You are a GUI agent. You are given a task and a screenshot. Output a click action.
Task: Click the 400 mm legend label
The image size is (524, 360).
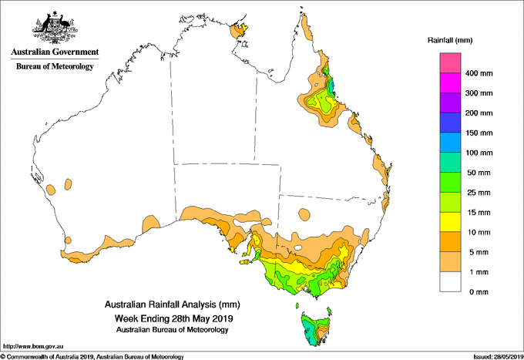479,73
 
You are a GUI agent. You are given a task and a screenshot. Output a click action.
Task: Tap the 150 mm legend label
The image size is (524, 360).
479,133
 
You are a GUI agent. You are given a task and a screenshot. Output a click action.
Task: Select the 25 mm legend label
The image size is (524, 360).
479,193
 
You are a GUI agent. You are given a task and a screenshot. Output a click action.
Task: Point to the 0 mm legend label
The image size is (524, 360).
479,292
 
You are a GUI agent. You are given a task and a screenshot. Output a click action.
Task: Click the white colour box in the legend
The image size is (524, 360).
450,282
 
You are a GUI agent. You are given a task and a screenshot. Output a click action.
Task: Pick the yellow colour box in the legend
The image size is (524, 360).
450,222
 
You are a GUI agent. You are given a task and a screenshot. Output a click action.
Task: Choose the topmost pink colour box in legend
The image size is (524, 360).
450,63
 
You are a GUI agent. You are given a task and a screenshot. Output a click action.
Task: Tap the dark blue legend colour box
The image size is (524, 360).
450,123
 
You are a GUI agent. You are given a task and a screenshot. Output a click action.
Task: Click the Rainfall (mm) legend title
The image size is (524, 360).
450,40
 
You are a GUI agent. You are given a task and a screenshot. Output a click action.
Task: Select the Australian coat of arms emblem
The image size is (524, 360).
55,28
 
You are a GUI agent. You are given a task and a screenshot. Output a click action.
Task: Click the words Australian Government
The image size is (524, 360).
55,52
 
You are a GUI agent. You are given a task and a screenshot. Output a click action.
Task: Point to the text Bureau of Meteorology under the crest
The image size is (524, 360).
55,66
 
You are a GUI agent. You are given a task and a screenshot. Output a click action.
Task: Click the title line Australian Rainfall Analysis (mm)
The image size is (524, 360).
173,304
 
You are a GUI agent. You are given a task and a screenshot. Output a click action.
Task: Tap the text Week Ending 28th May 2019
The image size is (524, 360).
174,318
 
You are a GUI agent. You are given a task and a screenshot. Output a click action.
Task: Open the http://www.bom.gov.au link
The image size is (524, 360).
32,346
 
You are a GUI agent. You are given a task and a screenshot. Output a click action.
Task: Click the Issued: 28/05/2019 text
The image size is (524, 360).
499,357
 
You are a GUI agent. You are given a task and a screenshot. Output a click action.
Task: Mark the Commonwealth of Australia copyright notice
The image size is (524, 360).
92,357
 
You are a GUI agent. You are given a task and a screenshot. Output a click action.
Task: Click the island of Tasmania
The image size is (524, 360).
315,329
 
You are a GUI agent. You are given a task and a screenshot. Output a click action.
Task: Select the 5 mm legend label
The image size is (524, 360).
479,252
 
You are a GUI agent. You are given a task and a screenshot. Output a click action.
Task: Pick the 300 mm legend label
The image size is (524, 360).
479,93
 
